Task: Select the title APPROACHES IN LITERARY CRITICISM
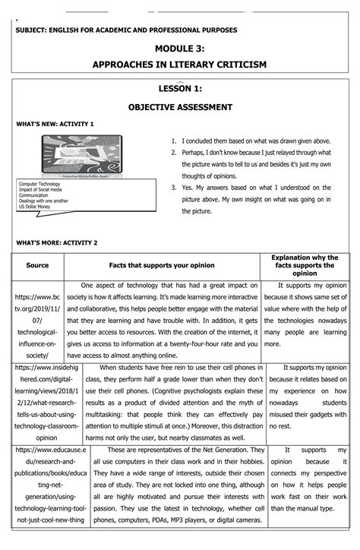(179, 65)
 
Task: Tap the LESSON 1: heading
(179, 90)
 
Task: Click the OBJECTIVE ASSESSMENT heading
(179, 108)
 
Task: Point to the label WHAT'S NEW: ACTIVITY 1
(55, 124)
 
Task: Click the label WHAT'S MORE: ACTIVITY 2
(57, 242)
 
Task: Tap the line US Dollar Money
(40, 206)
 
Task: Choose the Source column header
(37, 266)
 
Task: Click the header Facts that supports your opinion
(161, 266)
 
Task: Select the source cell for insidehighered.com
(37, 402)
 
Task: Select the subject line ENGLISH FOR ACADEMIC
(126, 30)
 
